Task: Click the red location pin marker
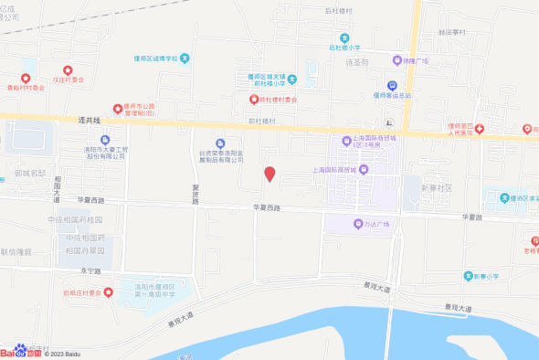tap(269, 175)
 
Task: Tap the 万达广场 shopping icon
tap(357, 224)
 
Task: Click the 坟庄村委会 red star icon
tap(68, 69)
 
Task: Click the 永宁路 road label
tap(89, 270)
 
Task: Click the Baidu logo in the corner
tap(20, 352)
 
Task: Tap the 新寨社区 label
tap(437, 186)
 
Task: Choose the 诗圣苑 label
tap(357, 63)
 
